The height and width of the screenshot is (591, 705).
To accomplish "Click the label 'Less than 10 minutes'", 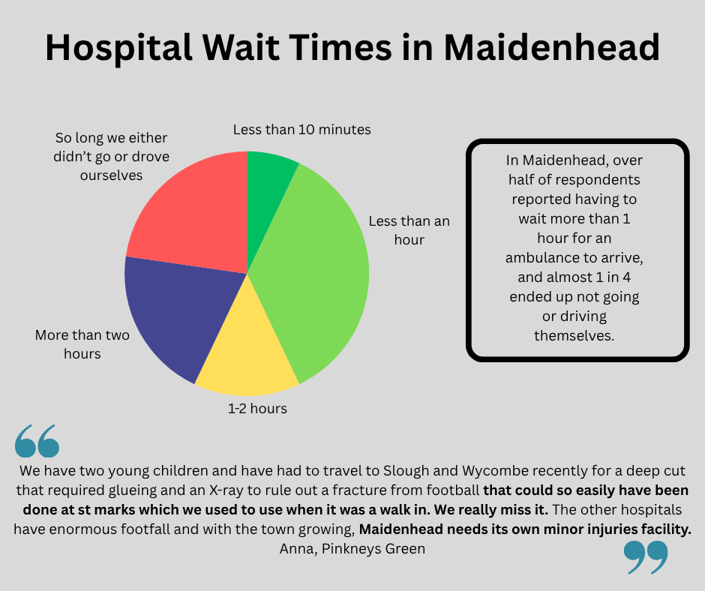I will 301,130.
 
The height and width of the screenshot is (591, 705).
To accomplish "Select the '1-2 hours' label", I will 258,409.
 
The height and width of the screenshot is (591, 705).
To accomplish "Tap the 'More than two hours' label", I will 82,343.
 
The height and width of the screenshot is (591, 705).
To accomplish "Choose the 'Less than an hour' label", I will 409,230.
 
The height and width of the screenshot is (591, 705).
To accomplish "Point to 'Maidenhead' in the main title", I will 551,49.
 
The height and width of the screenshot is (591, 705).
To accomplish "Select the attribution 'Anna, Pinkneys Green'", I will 352,549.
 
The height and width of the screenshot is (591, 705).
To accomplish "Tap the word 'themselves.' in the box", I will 574,335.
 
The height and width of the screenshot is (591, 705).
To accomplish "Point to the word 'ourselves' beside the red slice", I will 112,175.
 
